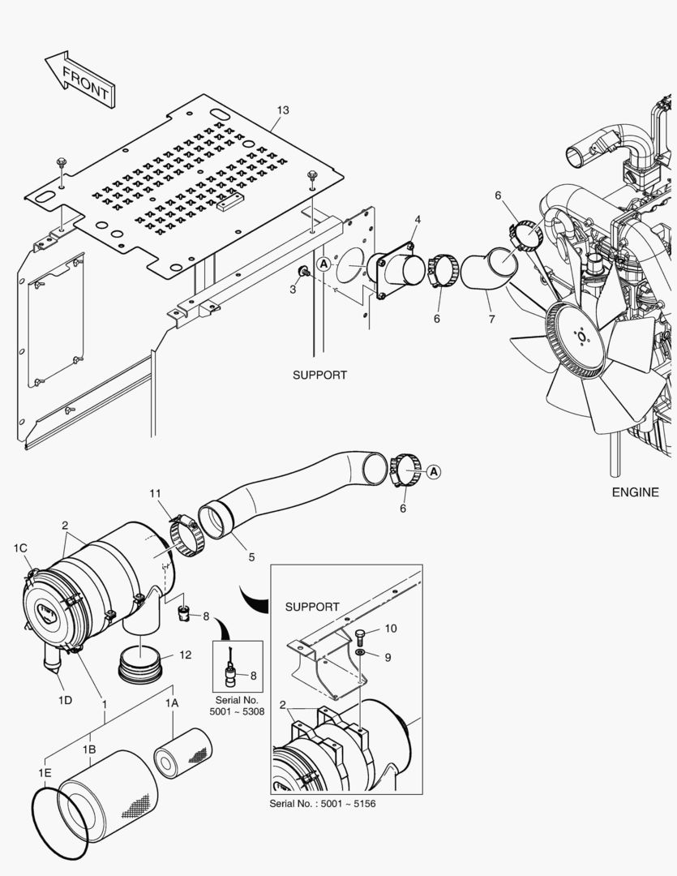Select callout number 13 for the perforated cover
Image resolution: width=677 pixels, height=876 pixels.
[x=282, y=109]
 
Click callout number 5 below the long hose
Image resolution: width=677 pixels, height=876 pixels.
[x=251, y=557]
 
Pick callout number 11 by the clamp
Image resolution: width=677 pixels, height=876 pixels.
[x=156, y=492]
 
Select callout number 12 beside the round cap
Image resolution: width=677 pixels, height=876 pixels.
[x=186, y=655]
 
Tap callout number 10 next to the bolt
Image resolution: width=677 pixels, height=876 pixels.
[x=391, y=629]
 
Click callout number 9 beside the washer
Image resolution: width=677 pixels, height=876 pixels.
[x=388, y=657]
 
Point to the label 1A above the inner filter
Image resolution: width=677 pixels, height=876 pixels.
[x=172, y=703]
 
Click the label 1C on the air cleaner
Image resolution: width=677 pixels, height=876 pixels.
[x=20, y=548]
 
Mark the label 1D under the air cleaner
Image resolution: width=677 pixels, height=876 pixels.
[x=66, y=698]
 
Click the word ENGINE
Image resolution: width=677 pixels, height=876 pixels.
[x=636, y=492]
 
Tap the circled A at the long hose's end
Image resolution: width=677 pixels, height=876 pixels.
[x=433, y=471]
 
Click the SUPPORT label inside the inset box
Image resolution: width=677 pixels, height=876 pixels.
[x=312, y=607]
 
